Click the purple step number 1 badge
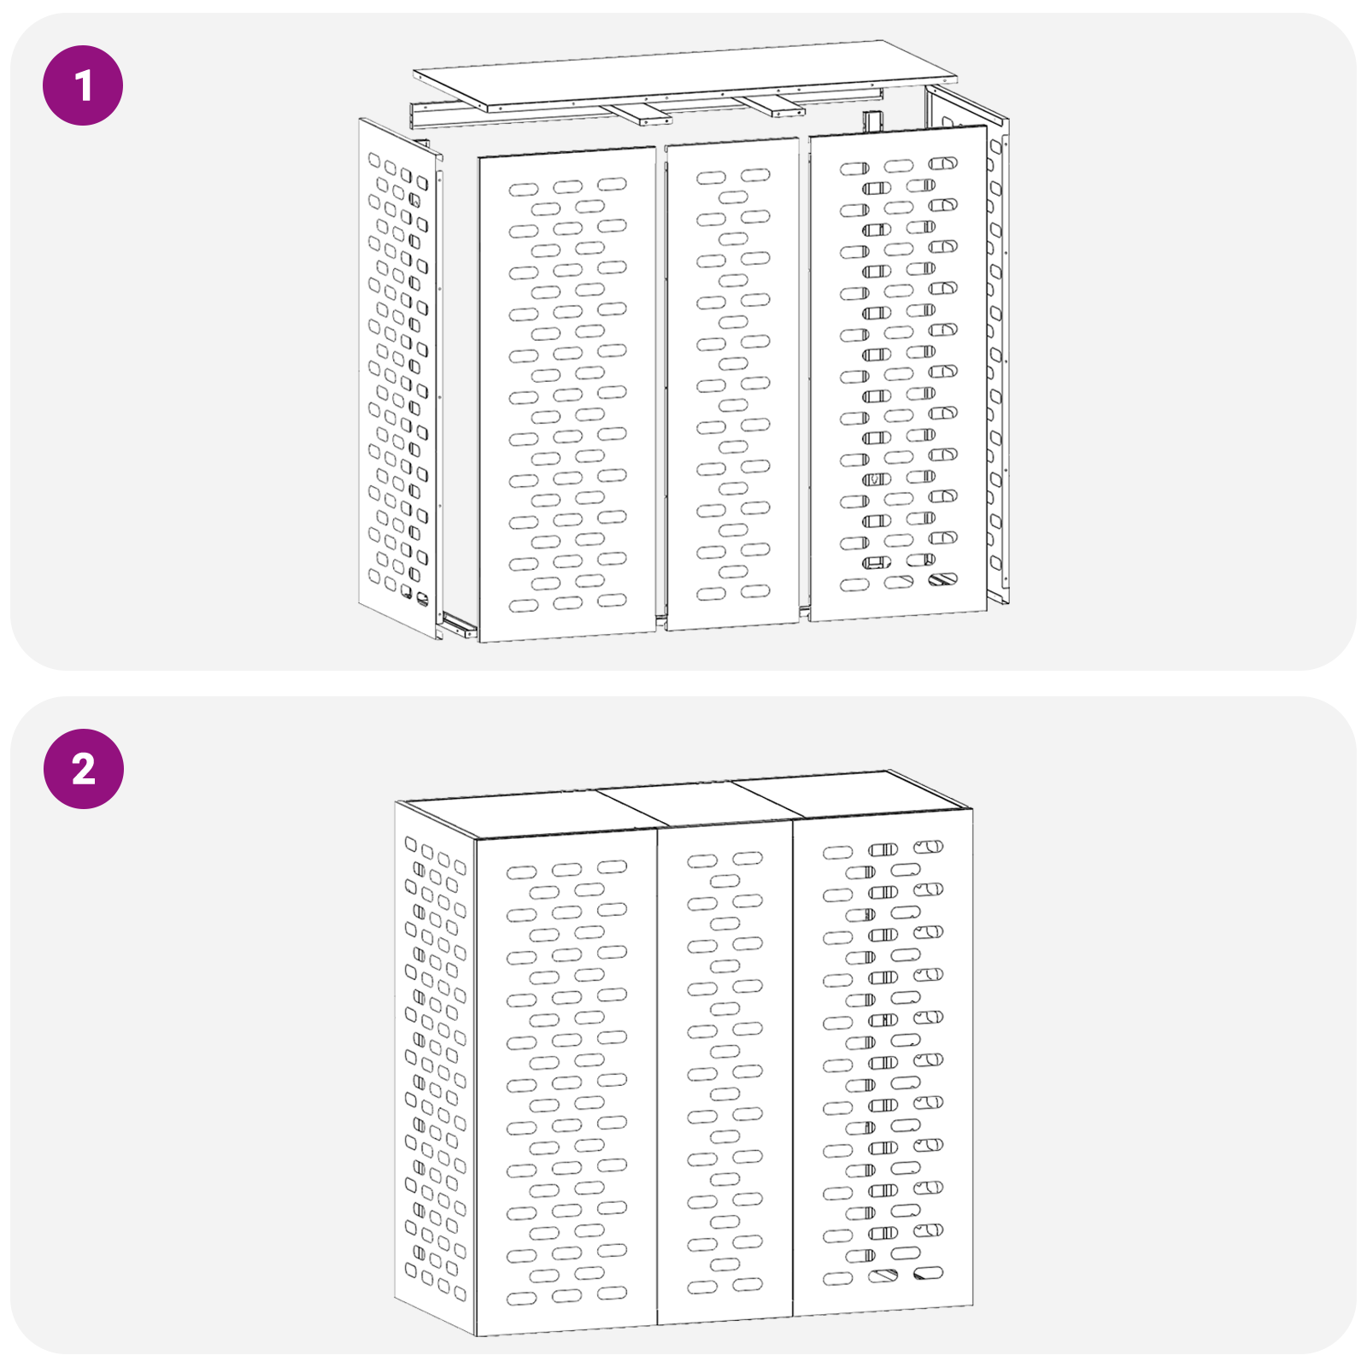pos(83,85)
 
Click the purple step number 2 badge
pos(83,769)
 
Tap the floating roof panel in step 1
pos(683,73)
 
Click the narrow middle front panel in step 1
pos(732,384)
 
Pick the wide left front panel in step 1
pos(566,393)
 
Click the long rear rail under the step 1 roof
pos(530,112)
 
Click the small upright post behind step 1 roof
pos(871,121)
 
